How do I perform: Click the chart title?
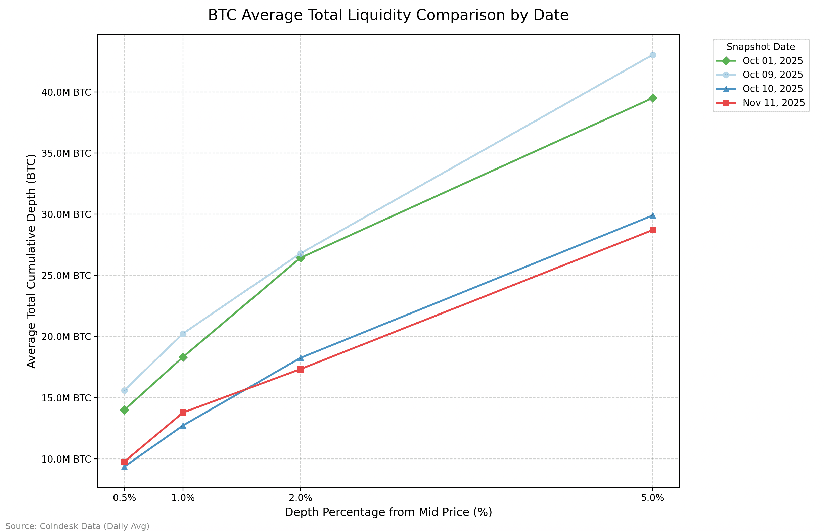point(388,15)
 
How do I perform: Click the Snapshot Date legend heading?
point(761,47)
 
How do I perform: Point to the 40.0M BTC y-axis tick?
point(66,92)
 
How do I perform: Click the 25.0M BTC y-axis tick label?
point(66,276)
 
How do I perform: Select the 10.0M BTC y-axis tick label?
point(66,459)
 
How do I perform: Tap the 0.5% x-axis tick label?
point(124,498)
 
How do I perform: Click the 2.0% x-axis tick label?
point(301,498)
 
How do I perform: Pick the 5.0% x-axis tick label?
point(652,498)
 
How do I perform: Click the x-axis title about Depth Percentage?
point(388,513)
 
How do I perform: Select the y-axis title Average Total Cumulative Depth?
point(31,261)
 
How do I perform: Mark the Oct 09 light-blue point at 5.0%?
point(652,55)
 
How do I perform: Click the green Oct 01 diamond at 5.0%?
point(652,98)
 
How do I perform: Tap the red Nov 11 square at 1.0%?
point(183,413)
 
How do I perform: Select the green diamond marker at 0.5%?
point(124,410)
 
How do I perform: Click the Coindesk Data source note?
point(77,526)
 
